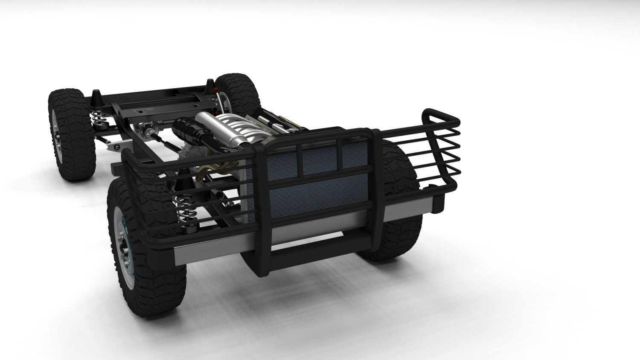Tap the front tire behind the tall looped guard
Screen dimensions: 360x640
point(399,179)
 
